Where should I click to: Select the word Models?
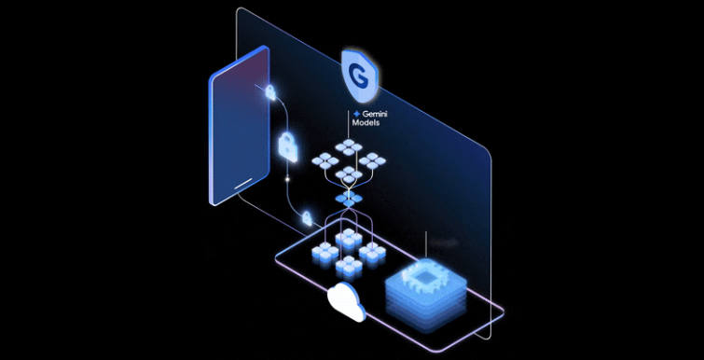[x=366, y=123]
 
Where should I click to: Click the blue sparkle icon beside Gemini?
[x=356, y=113]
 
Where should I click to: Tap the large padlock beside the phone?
[x=288, y=145]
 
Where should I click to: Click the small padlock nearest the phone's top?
[x=270, y=91]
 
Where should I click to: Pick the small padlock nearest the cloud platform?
[x=305, y=218]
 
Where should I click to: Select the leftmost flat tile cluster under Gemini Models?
[x=324, y=161]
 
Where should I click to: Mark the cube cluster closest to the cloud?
[x=348, y=263]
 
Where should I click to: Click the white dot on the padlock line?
[x=288, y=176]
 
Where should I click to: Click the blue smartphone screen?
[x=237, y=126]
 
